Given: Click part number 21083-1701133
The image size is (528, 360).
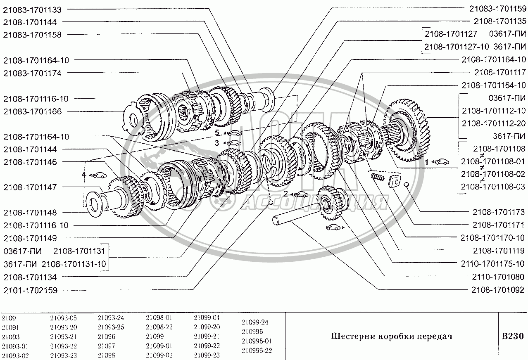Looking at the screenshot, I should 32,9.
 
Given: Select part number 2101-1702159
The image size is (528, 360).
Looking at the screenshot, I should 30,290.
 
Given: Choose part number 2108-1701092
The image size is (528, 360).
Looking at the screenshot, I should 499,290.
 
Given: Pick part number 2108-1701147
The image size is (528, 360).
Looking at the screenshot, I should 30,187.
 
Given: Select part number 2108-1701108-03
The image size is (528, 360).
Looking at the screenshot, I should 493,187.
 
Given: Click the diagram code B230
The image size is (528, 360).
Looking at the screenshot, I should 512,336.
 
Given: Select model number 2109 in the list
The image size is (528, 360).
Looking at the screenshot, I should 9,318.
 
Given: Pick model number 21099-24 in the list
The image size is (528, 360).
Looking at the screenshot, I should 255,322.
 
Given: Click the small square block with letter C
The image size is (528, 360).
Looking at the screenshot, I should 395,181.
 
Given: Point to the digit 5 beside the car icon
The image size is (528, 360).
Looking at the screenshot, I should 216,133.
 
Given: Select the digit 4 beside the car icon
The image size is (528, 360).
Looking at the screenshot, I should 84,175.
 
